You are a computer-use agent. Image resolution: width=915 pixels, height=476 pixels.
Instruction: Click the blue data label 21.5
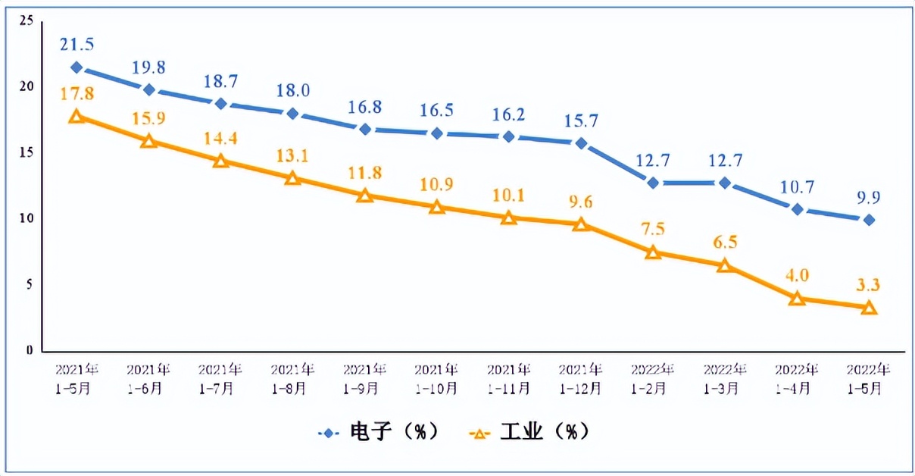[77, 45]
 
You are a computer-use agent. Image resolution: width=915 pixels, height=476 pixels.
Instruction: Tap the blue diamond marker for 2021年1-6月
[149, 89]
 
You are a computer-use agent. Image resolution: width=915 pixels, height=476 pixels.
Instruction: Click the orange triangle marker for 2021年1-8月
[292, 178]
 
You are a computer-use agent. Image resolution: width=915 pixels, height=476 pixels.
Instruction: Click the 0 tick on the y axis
[29, 351]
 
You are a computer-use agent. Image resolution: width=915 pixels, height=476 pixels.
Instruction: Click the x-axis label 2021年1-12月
[581, 379]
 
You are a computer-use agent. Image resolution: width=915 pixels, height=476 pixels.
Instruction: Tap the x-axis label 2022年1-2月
[652, 379]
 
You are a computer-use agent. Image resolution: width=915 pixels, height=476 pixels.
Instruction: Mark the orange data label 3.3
[869, 285]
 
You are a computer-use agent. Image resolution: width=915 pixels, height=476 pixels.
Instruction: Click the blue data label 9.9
[869, 197]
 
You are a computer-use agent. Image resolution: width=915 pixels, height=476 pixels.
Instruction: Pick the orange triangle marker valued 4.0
[796, 299]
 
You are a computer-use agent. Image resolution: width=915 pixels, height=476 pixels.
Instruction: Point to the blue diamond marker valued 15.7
[581, 142]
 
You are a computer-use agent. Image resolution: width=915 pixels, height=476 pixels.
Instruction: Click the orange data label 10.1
[509, 195]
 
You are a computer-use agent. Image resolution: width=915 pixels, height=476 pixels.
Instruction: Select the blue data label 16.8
[365, 107]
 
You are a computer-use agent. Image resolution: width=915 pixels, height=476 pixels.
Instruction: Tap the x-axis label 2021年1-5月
[77, 379]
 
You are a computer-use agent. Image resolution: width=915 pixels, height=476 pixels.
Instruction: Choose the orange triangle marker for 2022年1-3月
[725, 265]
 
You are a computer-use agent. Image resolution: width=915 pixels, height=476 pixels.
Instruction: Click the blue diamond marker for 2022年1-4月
[796, 208]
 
